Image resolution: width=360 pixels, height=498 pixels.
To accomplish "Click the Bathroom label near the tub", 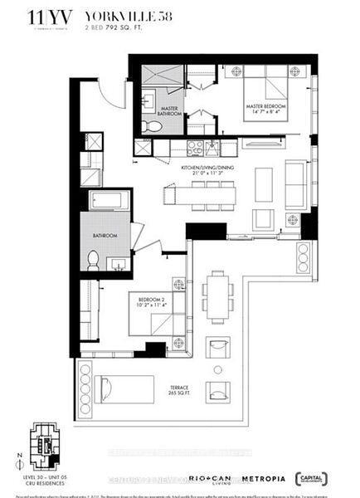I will [x=105, y=236].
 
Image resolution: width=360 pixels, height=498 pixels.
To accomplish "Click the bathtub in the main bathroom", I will [x=105, y=202].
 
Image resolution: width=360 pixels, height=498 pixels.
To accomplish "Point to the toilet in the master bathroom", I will [x=148, y=126].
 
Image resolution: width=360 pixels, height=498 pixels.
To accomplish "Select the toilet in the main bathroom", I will [x=93, y=260].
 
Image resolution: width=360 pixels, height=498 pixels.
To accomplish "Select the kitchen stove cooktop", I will [x=195, y=147].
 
